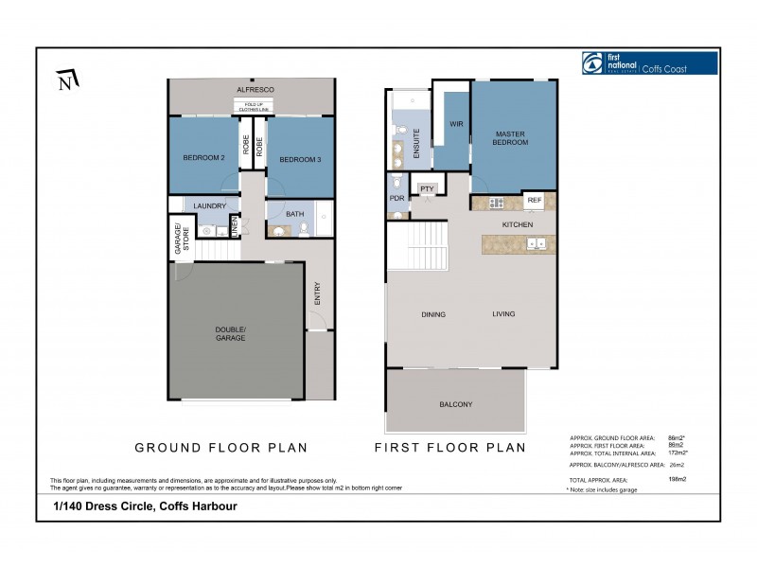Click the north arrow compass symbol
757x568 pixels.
(65, 81)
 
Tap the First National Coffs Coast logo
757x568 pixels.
(649, 63)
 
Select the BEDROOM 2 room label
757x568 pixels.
(203, 158)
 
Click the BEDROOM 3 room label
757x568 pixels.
(300, 159)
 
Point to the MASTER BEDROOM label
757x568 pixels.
(510, 138)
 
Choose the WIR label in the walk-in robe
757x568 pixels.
(455, 124)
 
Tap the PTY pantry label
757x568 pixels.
(427, 188)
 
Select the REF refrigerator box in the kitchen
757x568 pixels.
(534, 201)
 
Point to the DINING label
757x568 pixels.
(433, 314)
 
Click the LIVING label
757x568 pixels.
(503, 314)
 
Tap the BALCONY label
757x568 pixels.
(455, 404)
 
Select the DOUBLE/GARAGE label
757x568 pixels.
(230, 333)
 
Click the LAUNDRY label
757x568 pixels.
(208, 205)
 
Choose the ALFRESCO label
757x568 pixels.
(255, 89)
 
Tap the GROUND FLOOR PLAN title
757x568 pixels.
(220, 447)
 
